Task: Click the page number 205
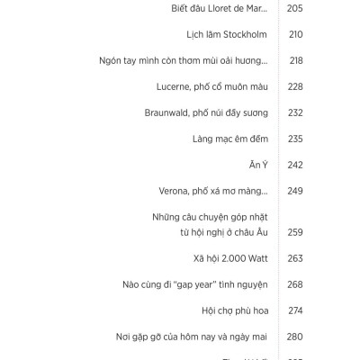tap(295, 8)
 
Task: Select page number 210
tap(295, 34)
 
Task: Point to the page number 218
tap(295, 60)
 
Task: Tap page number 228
tap(295, 86)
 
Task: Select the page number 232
tap(295, 112)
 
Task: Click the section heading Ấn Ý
tap(258, 165)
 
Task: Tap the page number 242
tap(295, 165)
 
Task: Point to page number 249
tap(295, 191)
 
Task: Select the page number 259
tap(295, 231)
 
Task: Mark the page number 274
tap(295, 310)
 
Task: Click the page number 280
tap(295, 337)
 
